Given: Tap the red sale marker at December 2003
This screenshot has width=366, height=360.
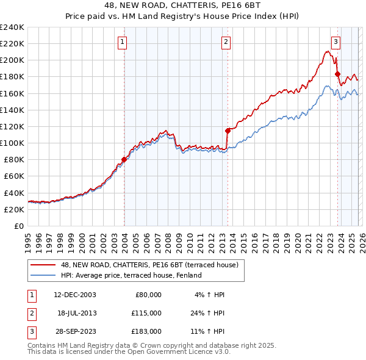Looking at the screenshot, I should click(124, 160).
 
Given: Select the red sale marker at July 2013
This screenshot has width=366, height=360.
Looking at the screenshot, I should click(228, 131).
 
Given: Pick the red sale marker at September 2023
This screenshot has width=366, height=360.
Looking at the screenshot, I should click(337, 74).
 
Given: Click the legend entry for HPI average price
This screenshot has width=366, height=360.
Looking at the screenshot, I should click(131, 275).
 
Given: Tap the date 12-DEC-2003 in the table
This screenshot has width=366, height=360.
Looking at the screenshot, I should click(75, 294).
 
